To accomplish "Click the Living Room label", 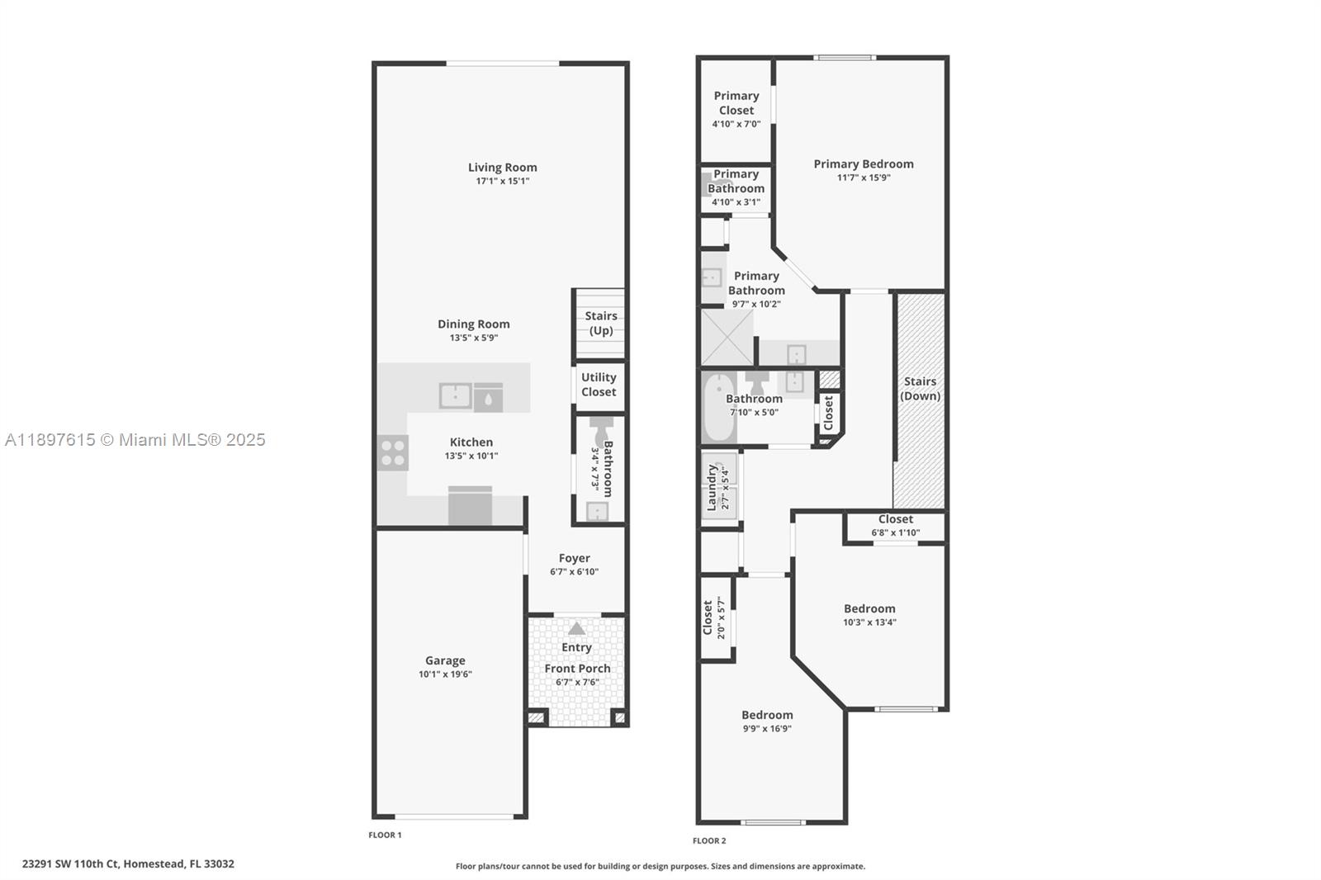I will pos(502,168).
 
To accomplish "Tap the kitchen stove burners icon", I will pos(393,452).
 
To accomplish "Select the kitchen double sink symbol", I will pos(455,396).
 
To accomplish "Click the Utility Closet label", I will pos(599,385).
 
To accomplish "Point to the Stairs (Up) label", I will pos(600,323).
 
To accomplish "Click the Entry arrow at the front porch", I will pos(576,628).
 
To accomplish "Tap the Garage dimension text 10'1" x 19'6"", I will pos(445,674).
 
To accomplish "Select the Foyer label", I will pos(574,558).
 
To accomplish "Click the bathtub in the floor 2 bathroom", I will pos(718,408).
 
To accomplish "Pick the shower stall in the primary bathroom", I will pos(727,337).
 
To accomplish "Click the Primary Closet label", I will pos(736,102).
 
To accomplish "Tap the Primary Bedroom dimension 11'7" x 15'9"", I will pos(864,177).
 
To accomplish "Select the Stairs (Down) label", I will pos(920,388).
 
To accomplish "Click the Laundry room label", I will pos(712,487).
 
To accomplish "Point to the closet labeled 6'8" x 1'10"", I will pos(895,526).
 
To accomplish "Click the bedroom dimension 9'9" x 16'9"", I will pos(767,729).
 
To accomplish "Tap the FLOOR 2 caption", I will pos(709,841).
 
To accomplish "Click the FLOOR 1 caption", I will pos(385,835).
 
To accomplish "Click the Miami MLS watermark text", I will pos(135,440).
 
